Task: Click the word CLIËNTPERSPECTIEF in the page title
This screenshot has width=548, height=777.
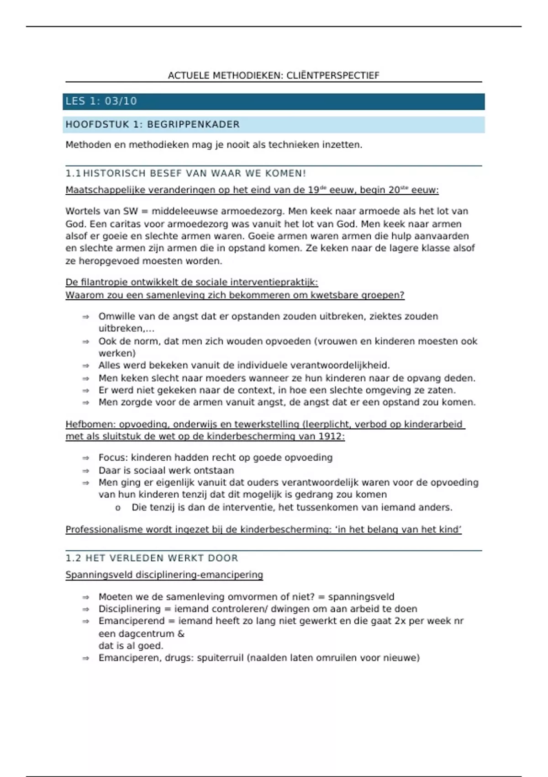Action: (333, 75)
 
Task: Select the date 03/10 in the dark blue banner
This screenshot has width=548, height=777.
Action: (121, 101)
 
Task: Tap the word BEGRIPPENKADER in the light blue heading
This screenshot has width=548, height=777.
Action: (193, 124)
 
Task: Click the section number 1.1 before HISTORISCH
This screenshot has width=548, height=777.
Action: (73, 173)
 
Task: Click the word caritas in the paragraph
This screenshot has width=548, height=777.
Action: (126, 224)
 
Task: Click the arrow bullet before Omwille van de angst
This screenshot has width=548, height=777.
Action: (85, 316)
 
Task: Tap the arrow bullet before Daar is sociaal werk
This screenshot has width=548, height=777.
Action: (85, 470)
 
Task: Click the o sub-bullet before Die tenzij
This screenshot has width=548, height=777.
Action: (118, 508)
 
